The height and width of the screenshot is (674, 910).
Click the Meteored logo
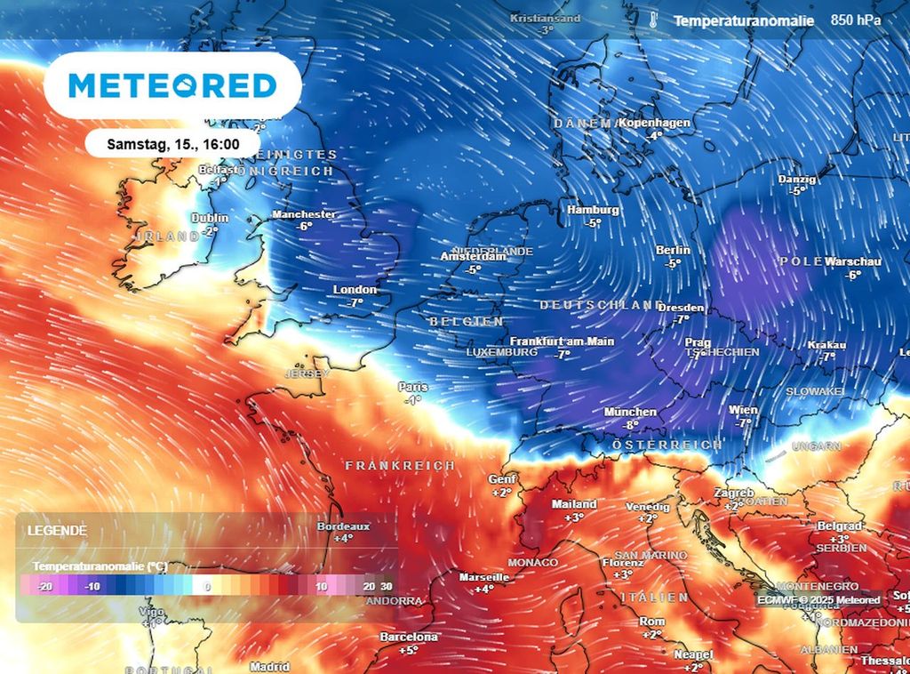pos(173,85)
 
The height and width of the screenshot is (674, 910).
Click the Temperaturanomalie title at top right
pos(743,20)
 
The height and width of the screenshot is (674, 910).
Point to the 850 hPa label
pos(856,20)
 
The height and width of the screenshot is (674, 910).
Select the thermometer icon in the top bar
pos(653,20)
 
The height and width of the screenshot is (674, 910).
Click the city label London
pos(355,290)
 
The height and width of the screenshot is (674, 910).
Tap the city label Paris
pos(412,387)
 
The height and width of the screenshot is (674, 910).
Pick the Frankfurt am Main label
pos(562,341)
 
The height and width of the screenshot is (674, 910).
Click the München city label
pos(630,412)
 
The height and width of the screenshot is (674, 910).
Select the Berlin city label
pos(673,251)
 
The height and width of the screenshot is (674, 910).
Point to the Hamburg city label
pos(593,210)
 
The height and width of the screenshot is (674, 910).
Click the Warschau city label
pos(852,262)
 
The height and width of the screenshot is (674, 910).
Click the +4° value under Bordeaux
pos(343,538)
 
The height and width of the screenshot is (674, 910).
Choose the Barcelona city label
pos(409,637)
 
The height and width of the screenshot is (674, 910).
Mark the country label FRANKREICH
pos(400,466)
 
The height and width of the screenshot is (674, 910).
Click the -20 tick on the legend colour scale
pos(45,587)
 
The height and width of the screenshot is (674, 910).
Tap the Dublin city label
pos(210,218)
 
